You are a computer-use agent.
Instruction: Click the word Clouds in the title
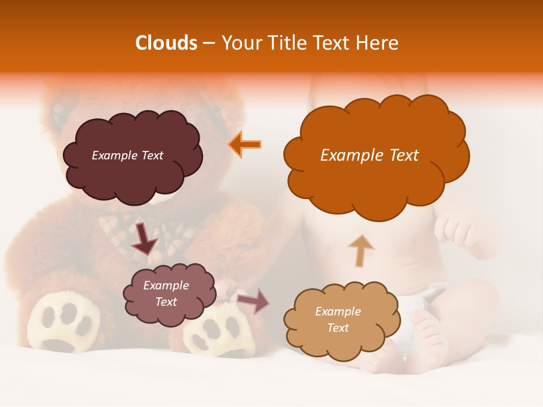click(x=166, y=43)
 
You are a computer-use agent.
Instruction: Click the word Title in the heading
click(x=286, y=43)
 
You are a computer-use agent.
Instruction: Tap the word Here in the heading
click(x=377, y=43)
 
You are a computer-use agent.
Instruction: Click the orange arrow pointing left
click(x=245, y=144)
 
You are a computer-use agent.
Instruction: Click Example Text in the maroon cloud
click(x=127, y=155)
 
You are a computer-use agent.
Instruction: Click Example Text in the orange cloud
click(x=369, y=155)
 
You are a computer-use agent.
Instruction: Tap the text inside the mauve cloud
click(x=166, y=294)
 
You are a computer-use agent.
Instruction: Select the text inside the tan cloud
click(x=338, y=319)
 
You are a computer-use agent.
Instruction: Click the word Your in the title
click(x=242, y=43)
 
